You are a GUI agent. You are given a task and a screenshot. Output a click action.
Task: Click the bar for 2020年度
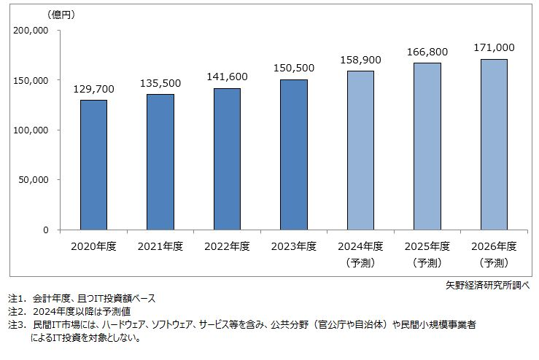[93, 165]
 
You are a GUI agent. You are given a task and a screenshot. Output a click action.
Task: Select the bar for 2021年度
[160, 162]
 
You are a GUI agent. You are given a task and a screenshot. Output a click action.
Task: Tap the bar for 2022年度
[227, 159]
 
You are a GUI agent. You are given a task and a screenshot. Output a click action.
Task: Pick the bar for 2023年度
[294, 154]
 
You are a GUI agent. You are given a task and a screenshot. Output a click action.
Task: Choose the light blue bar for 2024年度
[360, 150]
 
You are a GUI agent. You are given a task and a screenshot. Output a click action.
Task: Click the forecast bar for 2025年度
[427, 146]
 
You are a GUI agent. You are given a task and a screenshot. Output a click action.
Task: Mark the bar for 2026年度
[495, 144]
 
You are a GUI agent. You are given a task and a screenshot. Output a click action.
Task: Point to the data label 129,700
[93, 90]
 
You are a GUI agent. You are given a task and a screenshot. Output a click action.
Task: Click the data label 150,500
[294, 69]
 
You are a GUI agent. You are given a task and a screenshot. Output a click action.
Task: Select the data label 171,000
[495, 48]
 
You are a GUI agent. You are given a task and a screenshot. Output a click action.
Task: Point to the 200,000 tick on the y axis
[31, 31]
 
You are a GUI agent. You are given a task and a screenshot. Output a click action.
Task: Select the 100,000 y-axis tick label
[31, 130]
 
